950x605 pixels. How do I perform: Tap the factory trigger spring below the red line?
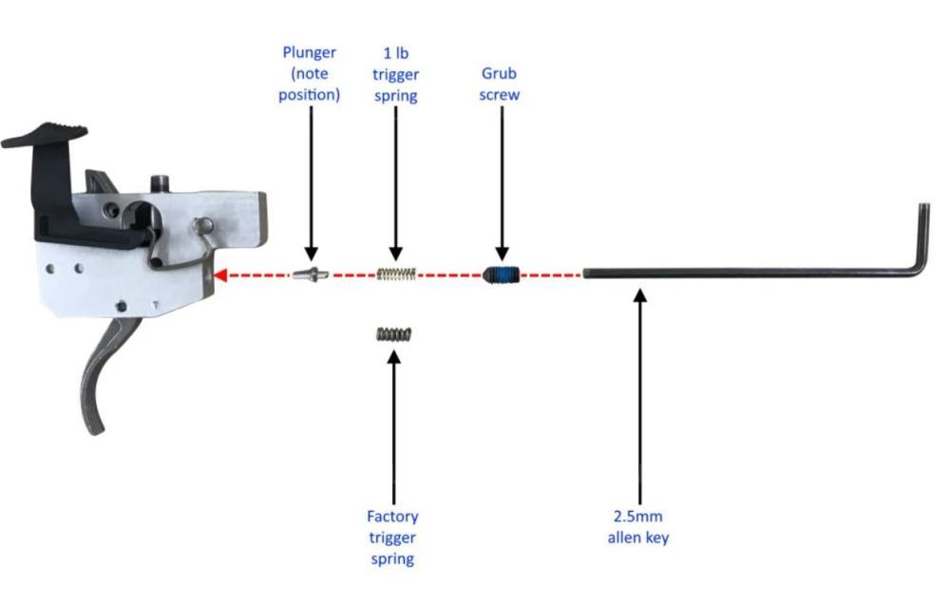click(x=392, y=333)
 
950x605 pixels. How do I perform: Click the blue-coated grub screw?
click(x=501, y=275)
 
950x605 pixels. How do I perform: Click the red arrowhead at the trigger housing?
click(x=219, y=275)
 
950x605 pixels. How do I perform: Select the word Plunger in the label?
click(x=309, y=52)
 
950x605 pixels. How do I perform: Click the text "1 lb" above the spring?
click(x=395, y=53)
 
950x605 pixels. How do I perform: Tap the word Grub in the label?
click(x=501, y=74)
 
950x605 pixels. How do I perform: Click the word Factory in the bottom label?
click(x=392, y=517)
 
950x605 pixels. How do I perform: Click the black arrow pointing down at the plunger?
click(x=308, y=180)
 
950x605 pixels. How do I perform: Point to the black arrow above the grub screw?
click(x=501, y=180)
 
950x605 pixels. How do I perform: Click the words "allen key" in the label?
click(x=639, y=539)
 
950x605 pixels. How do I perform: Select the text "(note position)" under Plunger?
click(x=309, y=85)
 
